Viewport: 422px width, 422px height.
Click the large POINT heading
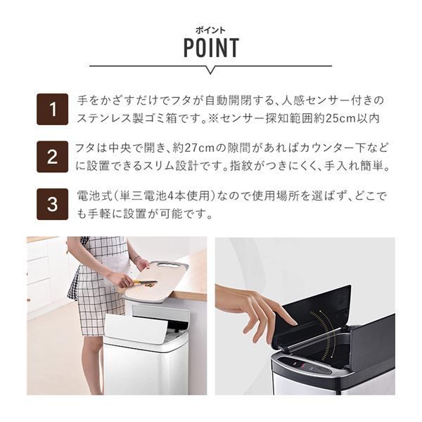[x=211, y=48]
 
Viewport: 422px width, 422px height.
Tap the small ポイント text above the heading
[x=211, y=30]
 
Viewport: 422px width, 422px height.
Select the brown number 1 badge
[x=52, y=109]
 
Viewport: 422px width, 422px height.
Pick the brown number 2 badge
[x=52, y=156]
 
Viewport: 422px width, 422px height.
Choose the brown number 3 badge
[x=52, y=203]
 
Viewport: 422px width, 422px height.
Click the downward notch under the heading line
[x=210, y=70]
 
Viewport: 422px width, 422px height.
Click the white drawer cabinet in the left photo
[x=39, y=274]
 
